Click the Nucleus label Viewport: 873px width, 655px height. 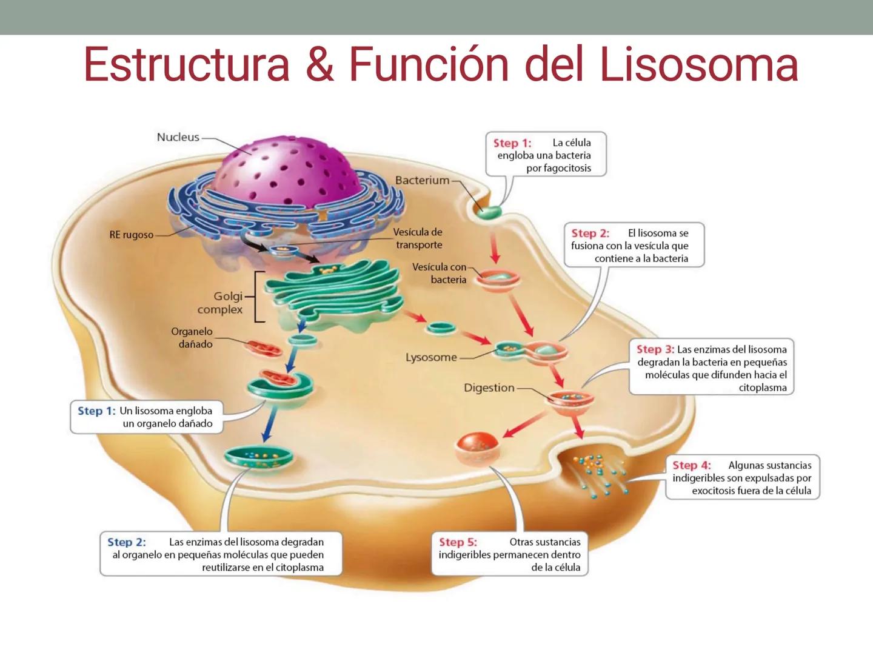click(x=178, y=137)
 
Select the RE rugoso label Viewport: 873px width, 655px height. click(x=132, y=235)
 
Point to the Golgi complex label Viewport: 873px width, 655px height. click(x=219, y=303)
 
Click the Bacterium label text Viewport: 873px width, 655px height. click(x=422, y=180)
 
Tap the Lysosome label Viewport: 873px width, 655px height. click(x=431, y=357)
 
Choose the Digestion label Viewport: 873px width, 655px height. click(x=489, y=388)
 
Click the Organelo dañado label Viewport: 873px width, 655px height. click(x=192, y=338)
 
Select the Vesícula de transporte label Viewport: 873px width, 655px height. click(x=418, y=238)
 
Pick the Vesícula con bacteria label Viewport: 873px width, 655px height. click(x=440, y=273)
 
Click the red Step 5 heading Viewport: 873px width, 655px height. click(x=458, y=542)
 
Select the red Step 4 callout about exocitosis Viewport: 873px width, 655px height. click(x=742, y=478)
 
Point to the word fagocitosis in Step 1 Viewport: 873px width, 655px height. click(x=558, y=168)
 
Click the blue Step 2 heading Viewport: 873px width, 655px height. click(x=126, y=542)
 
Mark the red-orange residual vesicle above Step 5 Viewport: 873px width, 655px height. click(x=478, y=447)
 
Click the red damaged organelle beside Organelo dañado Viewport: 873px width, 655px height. click(x=264, y=349)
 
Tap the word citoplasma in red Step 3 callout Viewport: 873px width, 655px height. click(x=762, y=388)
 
